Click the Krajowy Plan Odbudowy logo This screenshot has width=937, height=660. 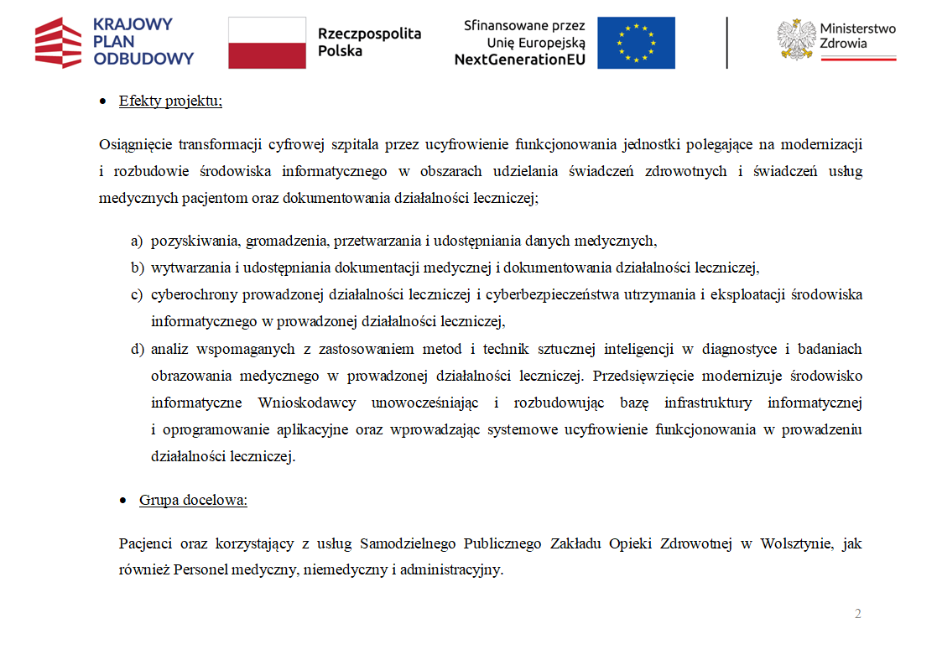click(114, 41)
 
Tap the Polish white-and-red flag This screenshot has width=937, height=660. click(267, 42)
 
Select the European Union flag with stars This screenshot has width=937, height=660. click(636, 42)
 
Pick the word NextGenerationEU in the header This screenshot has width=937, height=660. click(521, 60)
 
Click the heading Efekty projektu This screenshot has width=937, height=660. click(170, 101)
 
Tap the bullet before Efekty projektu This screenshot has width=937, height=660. click(102, 102)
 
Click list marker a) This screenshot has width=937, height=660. click(137, 242)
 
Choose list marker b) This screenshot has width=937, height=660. click(137, 268)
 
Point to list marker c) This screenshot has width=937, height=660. click(137, 295)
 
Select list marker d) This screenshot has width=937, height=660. click(137, 349)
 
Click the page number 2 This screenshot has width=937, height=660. click(857, 614)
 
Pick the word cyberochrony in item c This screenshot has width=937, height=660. click(190, 295)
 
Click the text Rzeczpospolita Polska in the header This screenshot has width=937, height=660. click(369, 42)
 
